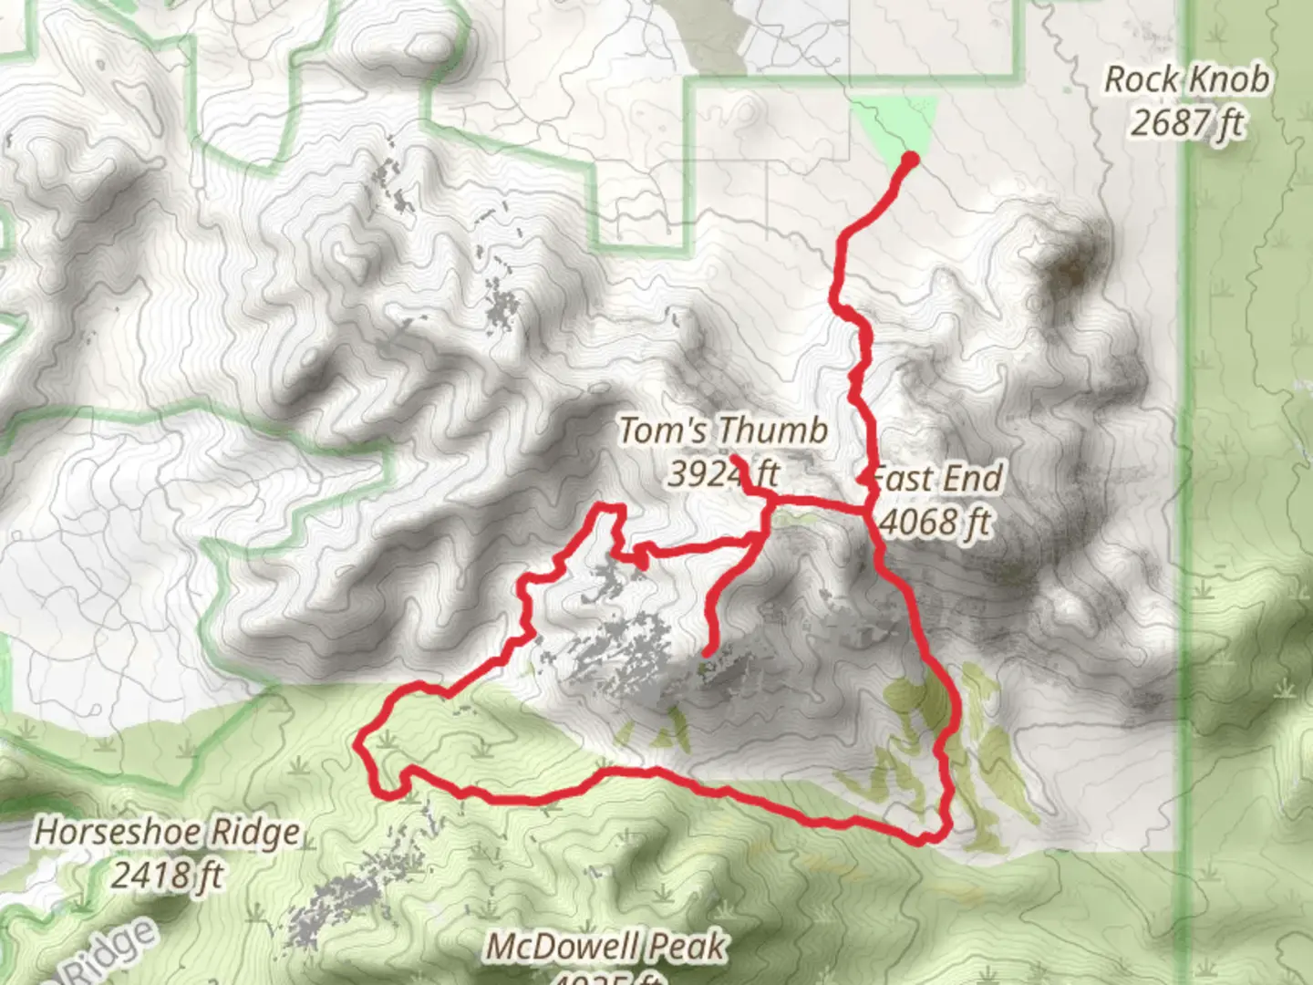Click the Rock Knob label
[1186, 79]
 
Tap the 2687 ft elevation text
[1186, 121]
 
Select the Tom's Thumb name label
[723, 430]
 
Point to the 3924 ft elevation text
[723, 473]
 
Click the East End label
[937, 479]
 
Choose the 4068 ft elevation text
[936, 522]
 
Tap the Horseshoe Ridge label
[167, 832]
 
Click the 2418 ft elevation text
[167, 875]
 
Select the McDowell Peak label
[605, 947]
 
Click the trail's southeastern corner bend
[939, 833]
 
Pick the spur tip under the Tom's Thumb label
[736, 459]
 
